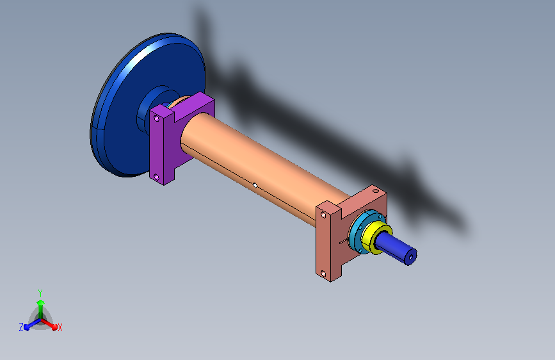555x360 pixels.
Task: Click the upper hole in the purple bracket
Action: coord(156,119)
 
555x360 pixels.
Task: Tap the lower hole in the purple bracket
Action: coord(156,177)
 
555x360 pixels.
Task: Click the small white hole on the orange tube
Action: coord(255,185)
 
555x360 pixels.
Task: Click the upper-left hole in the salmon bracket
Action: coord(323,215)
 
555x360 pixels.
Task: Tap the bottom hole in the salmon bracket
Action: coord(323,274)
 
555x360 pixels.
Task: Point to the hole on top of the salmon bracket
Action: coord(376,191)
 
